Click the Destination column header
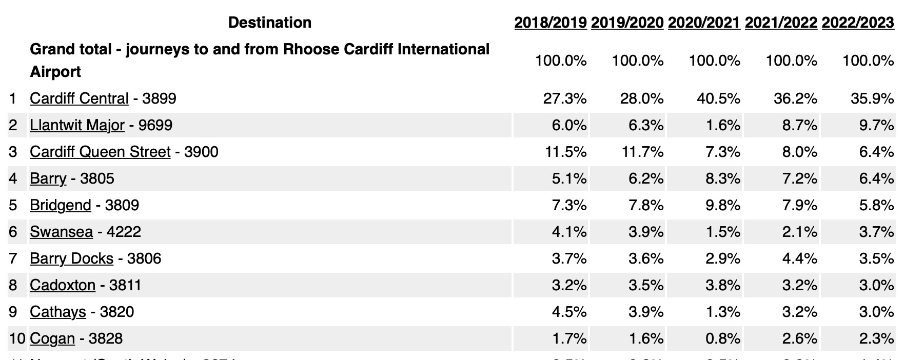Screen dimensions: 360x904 [x=269, y=23]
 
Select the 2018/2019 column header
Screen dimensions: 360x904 [x=550, y=23]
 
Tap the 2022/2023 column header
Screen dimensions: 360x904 [x=857, y=23]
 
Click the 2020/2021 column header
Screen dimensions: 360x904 [x=704, y=23]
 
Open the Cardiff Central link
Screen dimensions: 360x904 [x=79, y=98]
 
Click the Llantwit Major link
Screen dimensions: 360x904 [x=77, y=125]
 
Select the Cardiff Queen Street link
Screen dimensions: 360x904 [x=100, y=152]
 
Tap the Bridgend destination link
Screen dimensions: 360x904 [x=60, y=205]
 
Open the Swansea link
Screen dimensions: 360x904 [x=61, y=232]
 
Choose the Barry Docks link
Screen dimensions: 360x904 [x=71, y=258]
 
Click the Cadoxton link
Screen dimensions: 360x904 [x=63, y=285]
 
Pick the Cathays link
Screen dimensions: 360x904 [x=57, y=312]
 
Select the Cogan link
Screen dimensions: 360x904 [x=52, y=338]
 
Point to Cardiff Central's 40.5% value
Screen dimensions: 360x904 [x=718, y=98]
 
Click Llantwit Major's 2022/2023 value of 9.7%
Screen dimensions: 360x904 [x=876, y=125]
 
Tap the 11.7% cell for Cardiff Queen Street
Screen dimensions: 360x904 [x=641, y=152]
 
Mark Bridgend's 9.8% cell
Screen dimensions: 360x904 [x=722, y=205]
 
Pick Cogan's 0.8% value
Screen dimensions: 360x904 [x=722, y=338]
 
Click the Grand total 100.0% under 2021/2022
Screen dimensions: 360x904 [x=791, y=61]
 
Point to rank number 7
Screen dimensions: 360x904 [x=13, y=258]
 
